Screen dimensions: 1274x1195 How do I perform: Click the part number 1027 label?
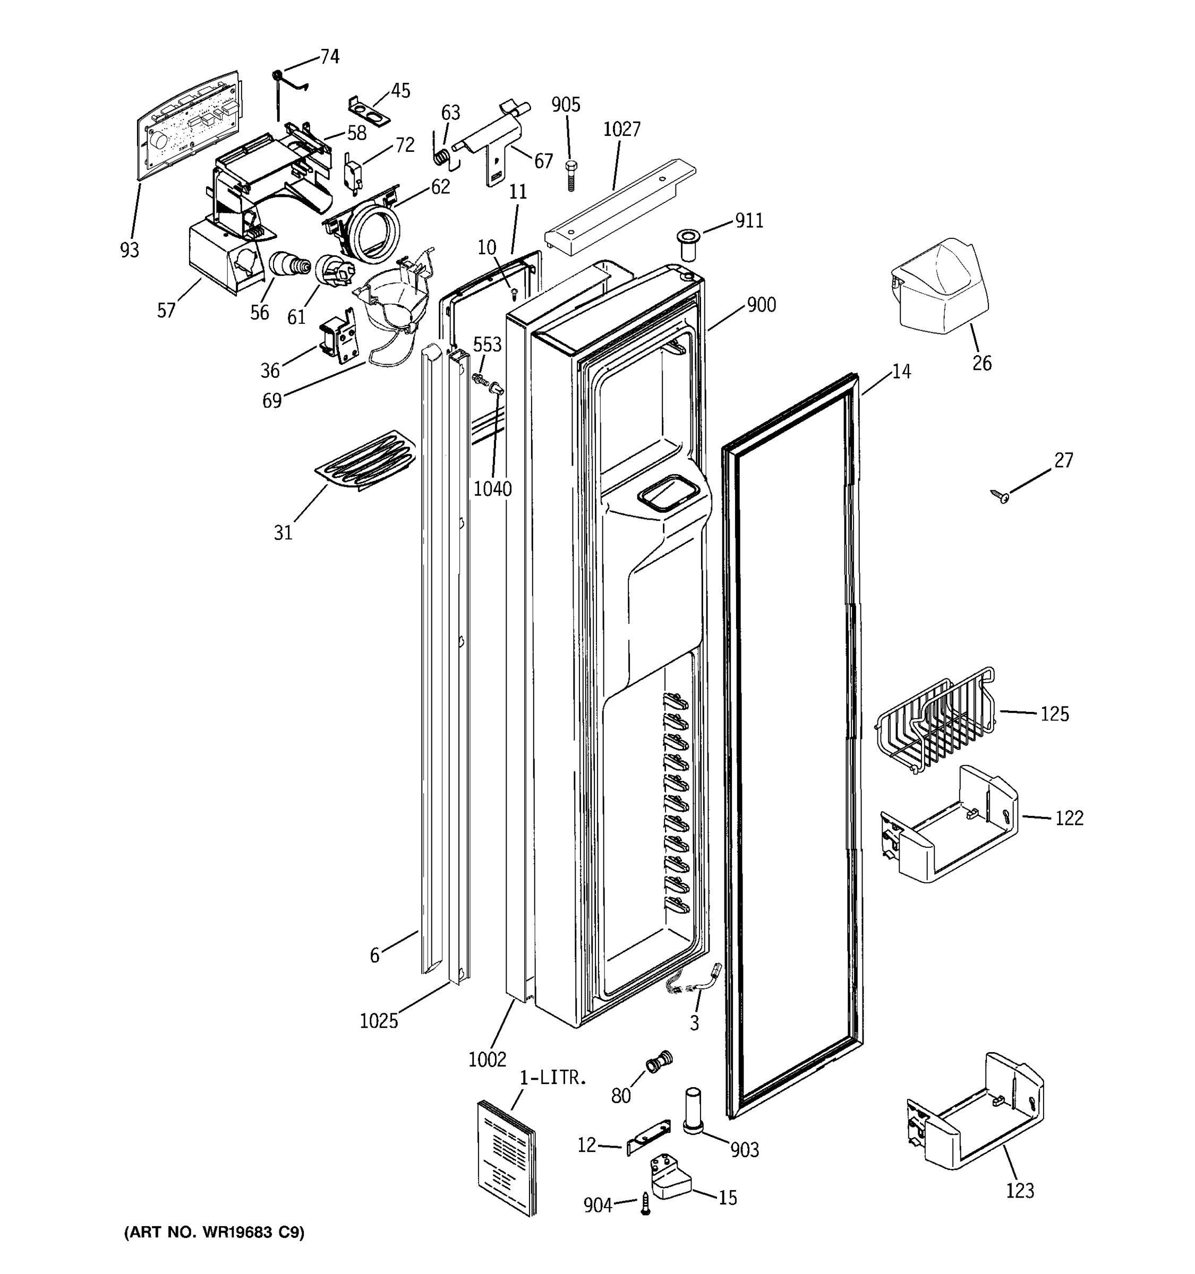(x=621, y=130)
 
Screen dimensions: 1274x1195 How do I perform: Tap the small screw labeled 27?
(x=1000, y=495)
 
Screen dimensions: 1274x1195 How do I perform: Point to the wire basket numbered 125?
(x=935, y=720)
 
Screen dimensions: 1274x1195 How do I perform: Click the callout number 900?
(x=761, y=305)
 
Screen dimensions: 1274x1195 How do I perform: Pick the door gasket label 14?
(x=901, y=372)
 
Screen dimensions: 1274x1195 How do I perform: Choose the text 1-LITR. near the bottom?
(x=553, y=1078)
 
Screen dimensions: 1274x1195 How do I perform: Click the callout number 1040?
(x=492, y=489)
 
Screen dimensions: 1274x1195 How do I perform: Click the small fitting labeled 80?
(x=659, y=1062)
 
